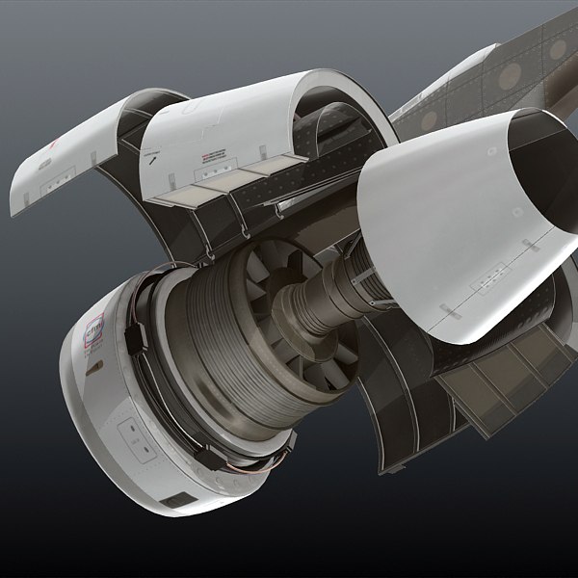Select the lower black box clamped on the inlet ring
click(x=205, y=453)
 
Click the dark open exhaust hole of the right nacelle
click(x=535, y=183)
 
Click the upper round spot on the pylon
click(x=556, y=47)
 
